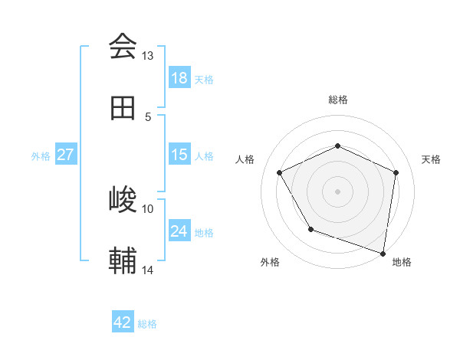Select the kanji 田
[123, 109]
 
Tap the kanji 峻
[123, 201]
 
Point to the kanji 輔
[123, 262]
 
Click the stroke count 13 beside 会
[148, 56]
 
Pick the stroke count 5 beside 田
[148, 116]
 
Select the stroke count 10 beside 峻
[148, 208]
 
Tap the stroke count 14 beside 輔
[148, 270]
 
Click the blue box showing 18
[179, 78]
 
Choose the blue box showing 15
[179, 155]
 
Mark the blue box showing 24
[179, 231]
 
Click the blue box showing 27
[66, 155]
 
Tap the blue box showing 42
[123, 322]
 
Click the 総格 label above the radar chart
[337, 100]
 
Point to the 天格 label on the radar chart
[431, 159]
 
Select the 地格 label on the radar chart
[402, 262]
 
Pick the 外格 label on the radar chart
[270, 262]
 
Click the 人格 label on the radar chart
[245, 159]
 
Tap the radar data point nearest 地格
[383, 253]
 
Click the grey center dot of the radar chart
[337, 191]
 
